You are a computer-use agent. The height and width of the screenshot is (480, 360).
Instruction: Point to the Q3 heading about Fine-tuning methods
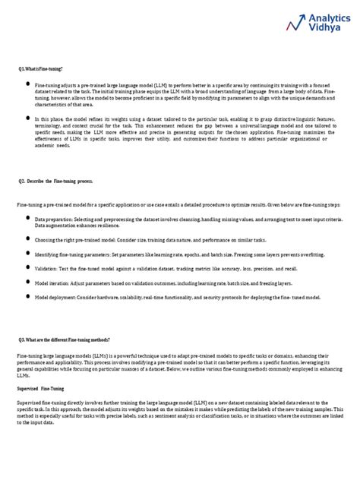64,339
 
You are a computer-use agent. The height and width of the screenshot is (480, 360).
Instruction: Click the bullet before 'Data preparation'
28,217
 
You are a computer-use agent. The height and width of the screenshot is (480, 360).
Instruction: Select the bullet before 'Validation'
28,267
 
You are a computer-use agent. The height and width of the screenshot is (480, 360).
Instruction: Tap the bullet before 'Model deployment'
28,298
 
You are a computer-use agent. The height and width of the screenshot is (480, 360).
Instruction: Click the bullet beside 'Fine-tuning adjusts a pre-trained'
28,86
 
